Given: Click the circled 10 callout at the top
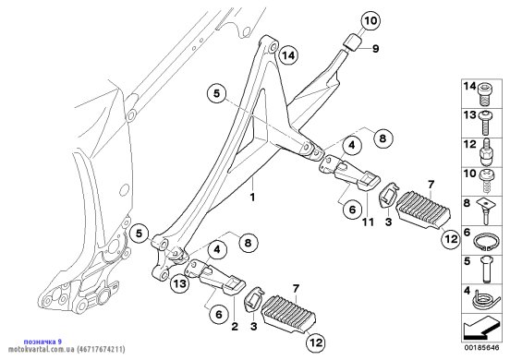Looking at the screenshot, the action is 370,21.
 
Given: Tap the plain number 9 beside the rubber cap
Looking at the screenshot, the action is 376,49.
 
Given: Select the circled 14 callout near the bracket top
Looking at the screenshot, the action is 288,55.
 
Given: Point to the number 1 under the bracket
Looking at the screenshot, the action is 252,197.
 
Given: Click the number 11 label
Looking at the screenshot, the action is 369,222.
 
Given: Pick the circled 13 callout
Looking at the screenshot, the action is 180,283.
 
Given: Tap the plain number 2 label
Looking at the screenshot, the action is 235,326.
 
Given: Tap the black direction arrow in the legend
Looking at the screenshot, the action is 480,329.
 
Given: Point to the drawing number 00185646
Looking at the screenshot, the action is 481,347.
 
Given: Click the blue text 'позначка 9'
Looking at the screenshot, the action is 42,342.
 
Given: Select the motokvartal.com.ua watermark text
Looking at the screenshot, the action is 67,349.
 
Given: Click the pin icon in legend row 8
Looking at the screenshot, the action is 485,211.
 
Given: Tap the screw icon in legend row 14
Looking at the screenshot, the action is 485,94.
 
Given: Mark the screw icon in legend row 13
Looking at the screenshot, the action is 485,122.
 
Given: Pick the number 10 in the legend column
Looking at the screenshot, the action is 470,174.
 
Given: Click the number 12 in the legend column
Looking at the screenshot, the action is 470,144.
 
